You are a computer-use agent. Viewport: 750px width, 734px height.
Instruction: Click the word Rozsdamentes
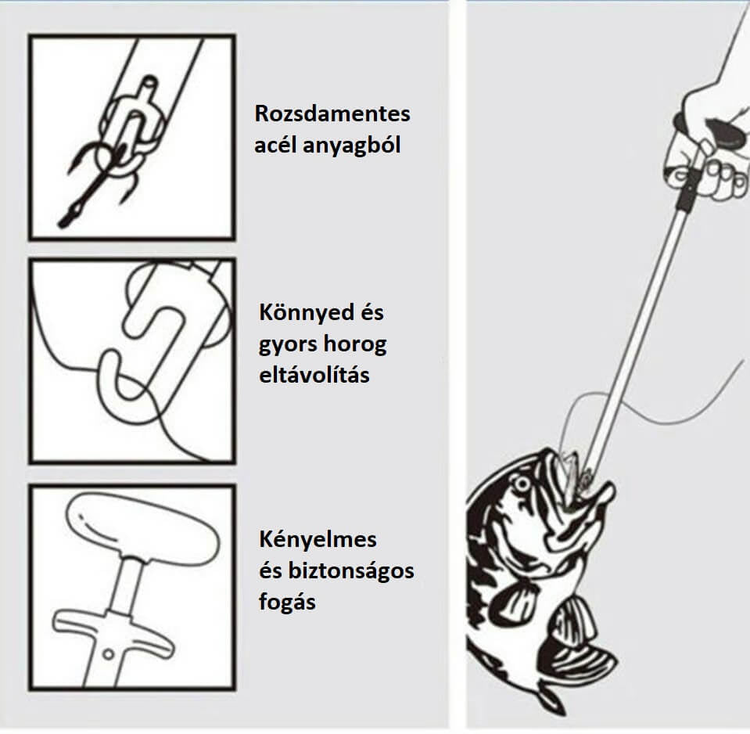click(332, 114)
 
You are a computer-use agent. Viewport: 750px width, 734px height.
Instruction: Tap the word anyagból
click(352, 146)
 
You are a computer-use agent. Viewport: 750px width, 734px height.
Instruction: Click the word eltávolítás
click(314, 375)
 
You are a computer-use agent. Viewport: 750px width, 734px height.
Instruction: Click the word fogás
click(287, 602)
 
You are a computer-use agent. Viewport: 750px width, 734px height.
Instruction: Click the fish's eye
click(522, 484)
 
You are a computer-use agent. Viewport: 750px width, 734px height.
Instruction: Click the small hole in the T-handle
click(109, 653)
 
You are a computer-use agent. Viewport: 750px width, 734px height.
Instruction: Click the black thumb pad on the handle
click(726, 133)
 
